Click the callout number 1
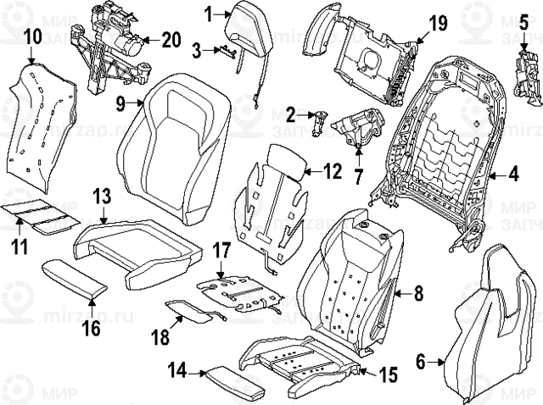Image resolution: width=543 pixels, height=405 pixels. coord(209,14)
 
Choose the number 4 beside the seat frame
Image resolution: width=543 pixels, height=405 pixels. coord(512,176)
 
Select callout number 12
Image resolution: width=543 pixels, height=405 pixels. coord(332,172)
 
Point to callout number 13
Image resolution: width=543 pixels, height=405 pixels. coord(101,197)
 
